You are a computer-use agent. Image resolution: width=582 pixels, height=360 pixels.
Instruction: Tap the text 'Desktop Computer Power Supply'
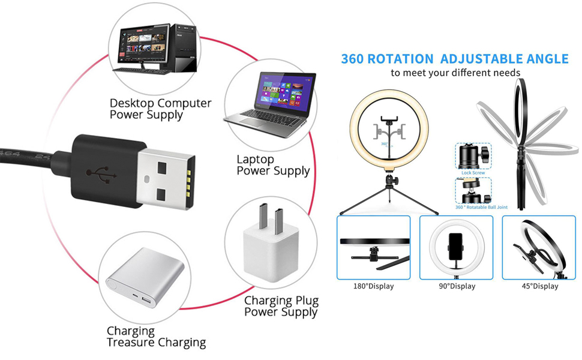tap(160, 109)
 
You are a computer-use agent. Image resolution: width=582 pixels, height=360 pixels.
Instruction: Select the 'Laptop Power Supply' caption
tap(273, 165)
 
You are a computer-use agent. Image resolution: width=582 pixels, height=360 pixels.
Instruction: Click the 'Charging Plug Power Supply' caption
tap(281, 306)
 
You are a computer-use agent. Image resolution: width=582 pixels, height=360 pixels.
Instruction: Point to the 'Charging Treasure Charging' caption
tap(156, 337)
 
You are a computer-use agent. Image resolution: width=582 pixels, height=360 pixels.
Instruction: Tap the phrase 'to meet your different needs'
tap(455, 73)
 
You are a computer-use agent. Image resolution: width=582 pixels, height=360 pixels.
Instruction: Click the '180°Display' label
tap(373, 286)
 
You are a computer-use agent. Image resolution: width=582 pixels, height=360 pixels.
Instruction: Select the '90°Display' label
tap(457, 286)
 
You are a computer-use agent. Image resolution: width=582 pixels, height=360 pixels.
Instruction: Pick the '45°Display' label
tap(539, 286)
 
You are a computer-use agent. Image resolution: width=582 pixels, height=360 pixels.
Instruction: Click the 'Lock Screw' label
tap(473, 173)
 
